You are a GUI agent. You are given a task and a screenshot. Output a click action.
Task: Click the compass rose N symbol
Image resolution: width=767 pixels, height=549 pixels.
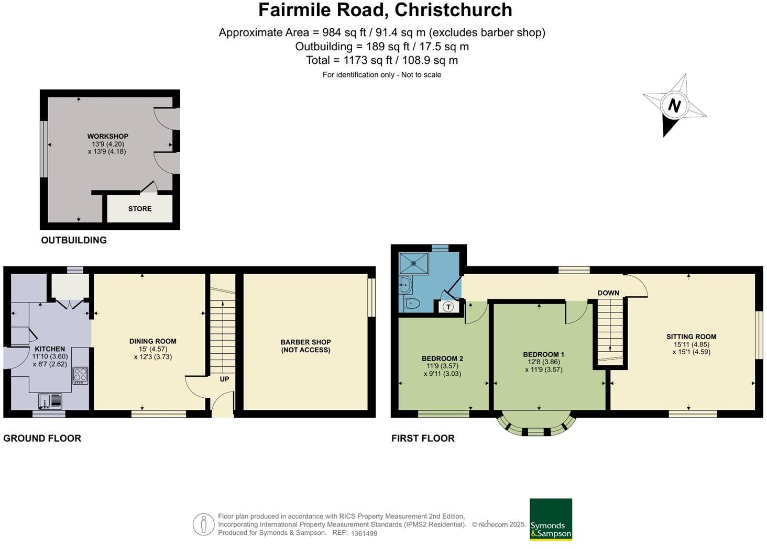tap(674, 106)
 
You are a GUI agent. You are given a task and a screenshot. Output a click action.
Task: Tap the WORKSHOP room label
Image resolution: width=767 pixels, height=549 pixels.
tap(108, 136)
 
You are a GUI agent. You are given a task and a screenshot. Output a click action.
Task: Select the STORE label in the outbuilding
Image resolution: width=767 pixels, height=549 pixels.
tap(140, 208)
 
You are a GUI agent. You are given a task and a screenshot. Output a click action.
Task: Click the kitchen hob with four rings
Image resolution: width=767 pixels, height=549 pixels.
tap(80, 375)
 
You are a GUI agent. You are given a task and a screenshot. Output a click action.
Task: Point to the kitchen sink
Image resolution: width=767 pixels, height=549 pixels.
tap(50, 401)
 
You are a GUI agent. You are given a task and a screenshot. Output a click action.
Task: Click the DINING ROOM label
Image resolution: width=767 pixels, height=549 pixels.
tap(153, 341)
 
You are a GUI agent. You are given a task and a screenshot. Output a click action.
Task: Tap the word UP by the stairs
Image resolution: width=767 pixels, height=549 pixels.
tap(224, 379)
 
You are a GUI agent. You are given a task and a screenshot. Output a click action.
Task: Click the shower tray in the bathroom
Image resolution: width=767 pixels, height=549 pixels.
tap(413, 263)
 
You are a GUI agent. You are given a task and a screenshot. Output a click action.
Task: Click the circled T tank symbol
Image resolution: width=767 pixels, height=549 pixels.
tap(448, 307)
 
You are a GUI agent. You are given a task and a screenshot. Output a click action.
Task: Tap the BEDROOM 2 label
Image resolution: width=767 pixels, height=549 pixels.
tap(442, 358)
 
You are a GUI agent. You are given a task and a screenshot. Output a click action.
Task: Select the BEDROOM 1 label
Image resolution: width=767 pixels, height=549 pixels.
tap(543, 354)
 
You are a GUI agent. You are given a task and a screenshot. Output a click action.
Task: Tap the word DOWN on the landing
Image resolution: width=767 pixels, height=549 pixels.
tap(608, 293)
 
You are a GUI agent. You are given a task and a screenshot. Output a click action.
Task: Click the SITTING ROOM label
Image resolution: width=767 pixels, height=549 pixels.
tap(691, 337)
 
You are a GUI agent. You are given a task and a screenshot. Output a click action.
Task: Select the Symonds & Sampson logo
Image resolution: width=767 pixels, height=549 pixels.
tap(551, 519)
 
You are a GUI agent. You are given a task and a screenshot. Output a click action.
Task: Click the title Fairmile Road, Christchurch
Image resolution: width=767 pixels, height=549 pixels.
tap(385, 10)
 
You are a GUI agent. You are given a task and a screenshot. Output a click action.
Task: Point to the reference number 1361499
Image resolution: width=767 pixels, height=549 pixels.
tap(364, 533)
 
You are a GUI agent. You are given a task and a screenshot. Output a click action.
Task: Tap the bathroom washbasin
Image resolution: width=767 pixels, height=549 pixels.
tap(404, 285)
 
